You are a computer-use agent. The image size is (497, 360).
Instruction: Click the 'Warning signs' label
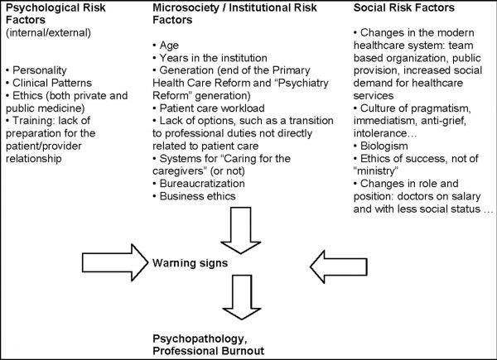click(x=190, y=263)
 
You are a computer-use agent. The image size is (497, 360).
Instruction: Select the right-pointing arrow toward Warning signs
click(x=115, y=262)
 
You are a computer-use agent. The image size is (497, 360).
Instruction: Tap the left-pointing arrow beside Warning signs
click(x=339, y=266)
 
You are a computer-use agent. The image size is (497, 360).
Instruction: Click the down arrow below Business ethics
click(x=241, y=231)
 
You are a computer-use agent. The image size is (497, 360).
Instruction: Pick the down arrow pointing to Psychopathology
click(x=242, y=297)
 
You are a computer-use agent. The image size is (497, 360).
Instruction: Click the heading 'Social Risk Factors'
click(x=404, y=7)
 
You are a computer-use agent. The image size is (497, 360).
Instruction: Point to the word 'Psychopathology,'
click(x=200, y=339)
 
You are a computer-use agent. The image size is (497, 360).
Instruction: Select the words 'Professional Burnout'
click(x=208, y=351)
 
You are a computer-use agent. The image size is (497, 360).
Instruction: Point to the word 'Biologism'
click(x=384, y=146)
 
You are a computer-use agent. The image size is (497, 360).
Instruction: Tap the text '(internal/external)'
click(x=48, y=33)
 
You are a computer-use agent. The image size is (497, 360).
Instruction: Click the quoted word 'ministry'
click(x=375, y=171)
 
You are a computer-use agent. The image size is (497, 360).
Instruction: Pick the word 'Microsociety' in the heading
click(x=186, y=8)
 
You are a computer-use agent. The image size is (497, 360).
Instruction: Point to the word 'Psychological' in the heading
click(x=45, y=8)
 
